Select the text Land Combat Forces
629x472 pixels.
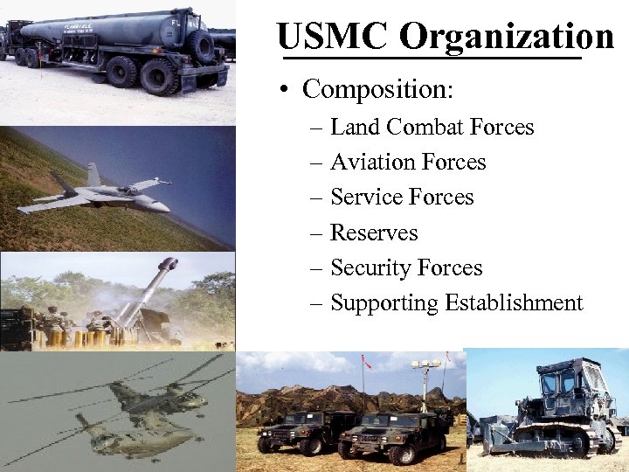pos(432,128)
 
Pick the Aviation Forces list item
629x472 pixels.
pos(408,163)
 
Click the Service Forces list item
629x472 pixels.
pos(402,198)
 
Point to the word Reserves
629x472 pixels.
pos(374,233)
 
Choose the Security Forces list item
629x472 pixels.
pos(406,268)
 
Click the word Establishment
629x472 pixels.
pos(514,303)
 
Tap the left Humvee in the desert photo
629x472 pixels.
pos(301,428)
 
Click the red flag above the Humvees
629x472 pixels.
pos(367,360)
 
